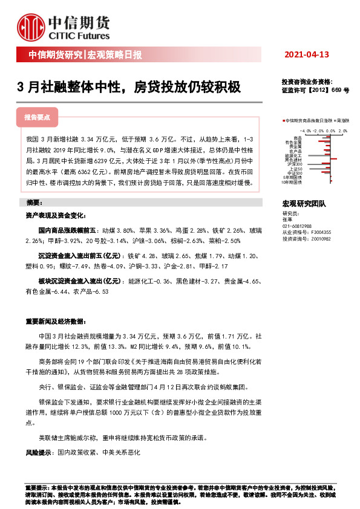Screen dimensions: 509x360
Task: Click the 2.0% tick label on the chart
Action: click(x=342, y=130)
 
